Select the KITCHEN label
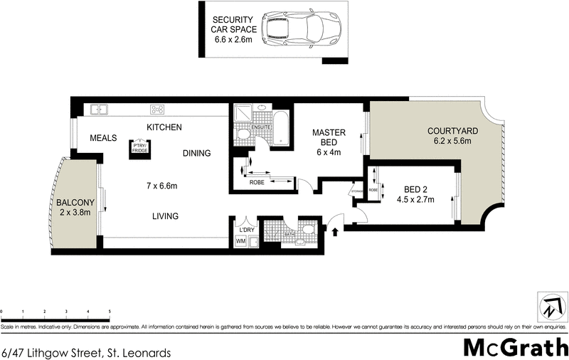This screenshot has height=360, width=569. [x=164, y=127]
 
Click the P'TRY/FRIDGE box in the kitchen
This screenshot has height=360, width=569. [x=139, y=147]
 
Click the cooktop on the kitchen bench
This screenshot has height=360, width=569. [x=157, y=110]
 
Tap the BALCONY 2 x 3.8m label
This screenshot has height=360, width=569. [x=75, y=207]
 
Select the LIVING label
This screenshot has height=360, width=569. [x=164, y=216]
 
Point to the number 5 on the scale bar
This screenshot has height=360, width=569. [x=110, y=312]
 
